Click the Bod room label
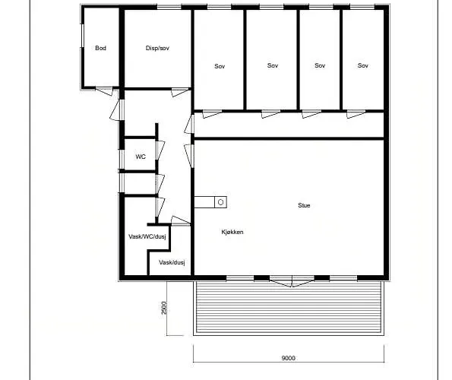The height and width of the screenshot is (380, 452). (x=100, y=48)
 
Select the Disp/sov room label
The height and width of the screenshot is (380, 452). (x=157, y=48)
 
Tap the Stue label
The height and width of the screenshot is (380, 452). (x=304, y=205)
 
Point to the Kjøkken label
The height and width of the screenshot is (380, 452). (x=232, y=232)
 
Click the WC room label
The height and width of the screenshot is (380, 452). (x=141, y=157)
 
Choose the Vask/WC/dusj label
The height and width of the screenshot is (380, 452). (x=147, y=236)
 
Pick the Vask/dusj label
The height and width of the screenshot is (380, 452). (x=172, y=262)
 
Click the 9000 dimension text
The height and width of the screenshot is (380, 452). (x=288, y=358)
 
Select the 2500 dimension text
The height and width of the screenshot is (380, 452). (x=164, y=308)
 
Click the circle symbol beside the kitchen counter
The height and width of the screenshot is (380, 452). (x=220, y=202)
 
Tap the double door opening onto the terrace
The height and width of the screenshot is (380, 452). (x=292, y=281)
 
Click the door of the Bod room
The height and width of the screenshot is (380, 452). (x=104, y=91)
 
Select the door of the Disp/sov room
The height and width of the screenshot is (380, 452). (x=181, y=92)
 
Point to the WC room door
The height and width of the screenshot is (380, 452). (x=160, y=150)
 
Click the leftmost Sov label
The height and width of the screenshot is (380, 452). (x=220, y=66)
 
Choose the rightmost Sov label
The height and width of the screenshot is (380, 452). (x=363, y=65)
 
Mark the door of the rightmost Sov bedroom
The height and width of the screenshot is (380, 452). (x=356, y=114)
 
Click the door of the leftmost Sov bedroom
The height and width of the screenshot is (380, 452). (x=212, y=114)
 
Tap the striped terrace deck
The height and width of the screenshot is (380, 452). (x=289, y=307)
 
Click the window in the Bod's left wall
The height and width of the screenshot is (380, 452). (x=82, y=40)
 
